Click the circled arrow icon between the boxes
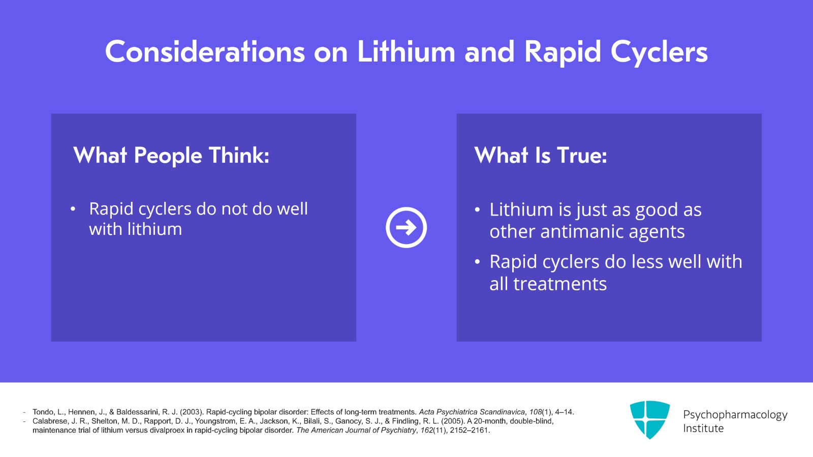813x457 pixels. pyautogui.click(x=406, y=227)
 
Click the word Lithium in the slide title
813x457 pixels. pyautogui.click(x=406, y=52)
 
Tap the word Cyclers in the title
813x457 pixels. pyautogui.click(x=659, y=52)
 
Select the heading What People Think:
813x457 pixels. pyautogui.click(x=171, y=156)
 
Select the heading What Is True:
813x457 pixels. pyautogui.click(x=541, y=156)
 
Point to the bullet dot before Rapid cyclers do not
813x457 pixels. pyautogui.click(x=73, y=209)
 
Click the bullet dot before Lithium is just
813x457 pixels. pyautogui.click(x=477, y=209)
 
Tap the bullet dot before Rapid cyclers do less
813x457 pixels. pyautogui.click(x=477, y=262)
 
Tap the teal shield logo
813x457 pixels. pyautogui.click(x=649, y=419)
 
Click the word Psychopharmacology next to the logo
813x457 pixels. pyautogui.click(x=735, y=414)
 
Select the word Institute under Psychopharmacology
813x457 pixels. pyautogui.click(x=703, y=429)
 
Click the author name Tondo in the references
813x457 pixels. pyautogui.click(x=43, y=412)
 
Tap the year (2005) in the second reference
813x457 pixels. pyautogui.click(x=453, y=421)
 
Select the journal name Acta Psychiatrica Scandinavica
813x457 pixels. pyautogui.click(x=472, y=412)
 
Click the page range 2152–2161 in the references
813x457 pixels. pyautogui.click(x=469, y=430)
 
